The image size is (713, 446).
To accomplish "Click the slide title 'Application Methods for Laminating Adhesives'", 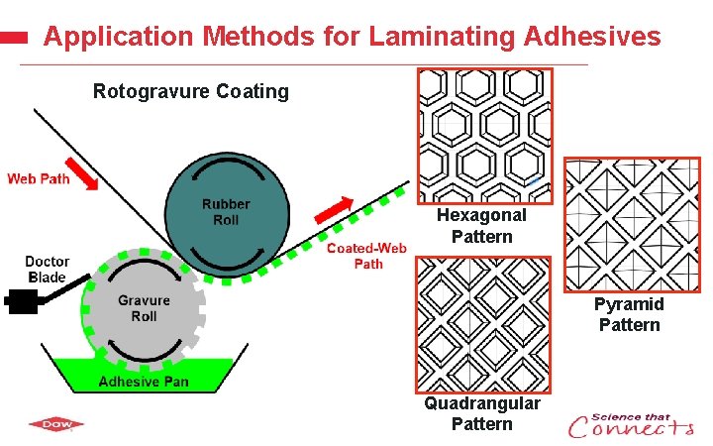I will (x=352, y=37).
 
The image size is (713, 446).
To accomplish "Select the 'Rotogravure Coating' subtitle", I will (x=191, y=92).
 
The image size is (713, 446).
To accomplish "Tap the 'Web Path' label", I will (x=40, y=178).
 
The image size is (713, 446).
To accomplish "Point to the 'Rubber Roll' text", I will (x=226, y=211).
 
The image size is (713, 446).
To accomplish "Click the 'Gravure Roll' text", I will (x=144, y=308).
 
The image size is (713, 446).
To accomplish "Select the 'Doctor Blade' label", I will (x=48, y=270).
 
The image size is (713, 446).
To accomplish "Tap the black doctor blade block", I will (x=20, y=300).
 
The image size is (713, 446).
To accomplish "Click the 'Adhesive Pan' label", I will (x=144, y=383).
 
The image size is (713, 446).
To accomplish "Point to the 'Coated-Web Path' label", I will (x=367, y=256).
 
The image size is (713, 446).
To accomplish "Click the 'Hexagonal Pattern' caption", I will (x=482, y=226).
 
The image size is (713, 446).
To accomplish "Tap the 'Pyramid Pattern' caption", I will (x=629, y=314).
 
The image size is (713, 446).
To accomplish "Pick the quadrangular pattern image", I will (x=482, y=324).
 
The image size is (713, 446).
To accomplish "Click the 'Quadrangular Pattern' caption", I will (x=482, y=413).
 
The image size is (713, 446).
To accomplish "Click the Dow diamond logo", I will (x=55, y=425).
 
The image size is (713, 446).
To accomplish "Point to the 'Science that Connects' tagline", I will (x=631, y=425).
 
